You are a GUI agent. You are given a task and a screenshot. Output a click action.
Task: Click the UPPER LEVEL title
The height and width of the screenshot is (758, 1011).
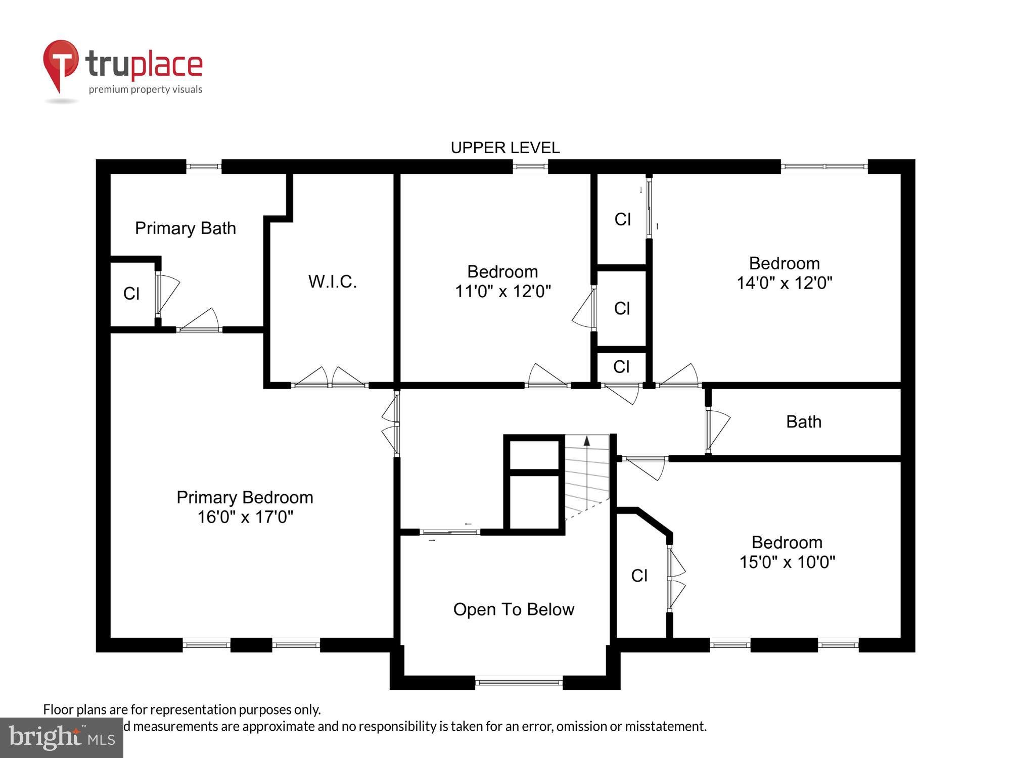505,148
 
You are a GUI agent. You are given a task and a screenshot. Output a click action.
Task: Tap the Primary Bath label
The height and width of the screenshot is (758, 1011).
185,228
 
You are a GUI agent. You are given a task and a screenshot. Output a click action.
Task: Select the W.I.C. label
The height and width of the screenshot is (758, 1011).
333,281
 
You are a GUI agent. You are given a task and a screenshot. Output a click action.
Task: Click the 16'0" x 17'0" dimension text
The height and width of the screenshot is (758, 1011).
245,517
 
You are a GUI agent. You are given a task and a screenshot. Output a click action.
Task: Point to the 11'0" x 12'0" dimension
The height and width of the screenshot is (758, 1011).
502,292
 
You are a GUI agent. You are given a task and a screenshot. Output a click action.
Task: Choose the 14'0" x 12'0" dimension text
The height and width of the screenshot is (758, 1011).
784,283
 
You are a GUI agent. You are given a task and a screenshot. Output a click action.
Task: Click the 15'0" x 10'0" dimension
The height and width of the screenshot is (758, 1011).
787,562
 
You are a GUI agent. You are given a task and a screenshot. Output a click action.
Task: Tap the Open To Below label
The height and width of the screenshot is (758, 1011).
514,609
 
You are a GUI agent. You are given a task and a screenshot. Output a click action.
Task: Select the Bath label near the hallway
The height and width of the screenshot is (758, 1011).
804,421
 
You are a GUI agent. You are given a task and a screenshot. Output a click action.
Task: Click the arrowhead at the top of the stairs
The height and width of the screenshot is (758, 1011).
586,441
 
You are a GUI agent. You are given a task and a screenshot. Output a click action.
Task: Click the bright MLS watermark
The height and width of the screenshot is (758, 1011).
61,737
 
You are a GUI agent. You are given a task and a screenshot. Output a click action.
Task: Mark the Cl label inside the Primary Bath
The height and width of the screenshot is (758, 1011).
131,294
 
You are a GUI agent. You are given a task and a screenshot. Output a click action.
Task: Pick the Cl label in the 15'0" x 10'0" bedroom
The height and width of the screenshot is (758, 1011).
639,576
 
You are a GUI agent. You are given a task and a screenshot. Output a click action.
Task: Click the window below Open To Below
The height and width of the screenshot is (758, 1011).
519,683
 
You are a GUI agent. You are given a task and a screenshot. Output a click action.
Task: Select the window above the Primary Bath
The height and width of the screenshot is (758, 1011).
204,166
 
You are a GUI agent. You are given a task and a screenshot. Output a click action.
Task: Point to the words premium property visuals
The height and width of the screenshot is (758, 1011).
146,89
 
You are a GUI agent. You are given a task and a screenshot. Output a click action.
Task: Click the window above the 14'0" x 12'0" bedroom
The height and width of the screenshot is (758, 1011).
824,166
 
